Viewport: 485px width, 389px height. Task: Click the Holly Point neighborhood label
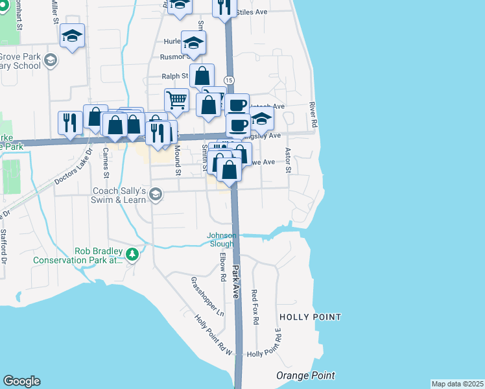click(x=309, y=317)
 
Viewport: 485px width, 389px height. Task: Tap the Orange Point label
click(x=305, y=375)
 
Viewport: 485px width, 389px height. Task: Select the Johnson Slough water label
click(x=221, y=239)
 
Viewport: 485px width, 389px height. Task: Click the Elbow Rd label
click(x=222, y=266)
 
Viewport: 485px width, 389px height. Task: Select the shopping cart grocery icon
click(x=176, y=100)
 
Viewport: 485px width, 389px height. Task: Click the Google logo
click(x=21, y=381)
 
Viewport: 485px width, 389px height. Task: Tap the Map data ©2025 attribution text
click(x=457, y=384)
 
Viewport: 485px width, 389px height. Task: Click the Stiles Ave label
click(x=253, y=12)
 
